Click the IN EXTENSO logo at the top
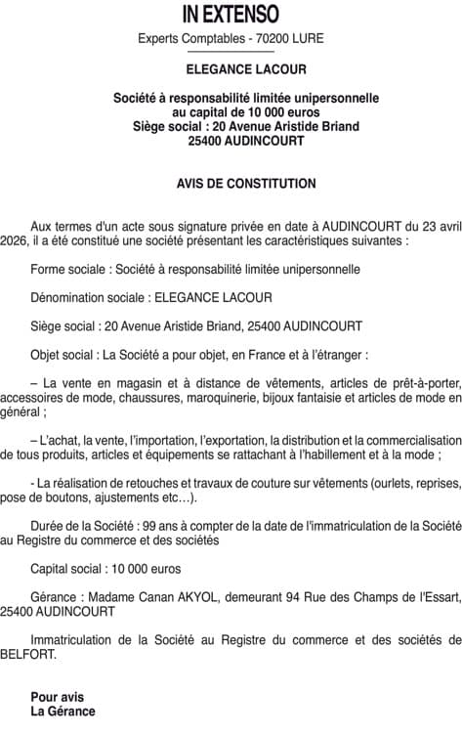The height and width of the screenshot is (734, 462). [231, 14]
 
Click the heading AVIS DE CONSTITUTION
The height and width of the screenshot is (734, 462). [231, 183]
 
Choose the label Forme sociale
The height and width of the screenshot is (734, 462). [71, 269]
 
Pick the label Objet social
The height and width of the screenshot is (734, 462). [65, 354]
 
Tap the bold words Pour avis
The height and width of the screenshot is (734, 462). [58, 697]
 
